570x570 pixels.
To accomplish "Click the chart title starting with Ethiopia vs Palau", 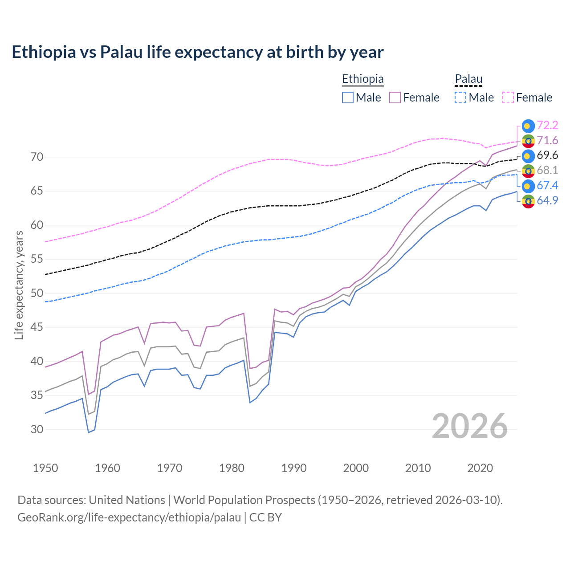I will coord(197,52).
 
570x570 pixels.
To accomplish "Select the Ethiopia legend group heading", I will coord(362,79).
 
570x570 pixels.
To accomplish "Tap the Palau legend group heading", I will coord(468,79).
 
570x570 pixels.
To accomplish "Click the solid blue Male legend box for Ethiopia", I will coord(348,98).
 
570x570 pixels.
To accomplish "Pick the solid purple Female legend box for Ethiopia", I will coord(395,98).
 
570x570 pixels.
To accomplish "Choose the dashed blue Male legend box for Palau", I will coord(460,98).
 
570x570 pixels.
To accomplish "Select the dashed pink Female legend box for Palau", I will coord(508,98).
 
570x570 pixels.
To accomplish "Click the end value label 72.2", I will coord(547,126).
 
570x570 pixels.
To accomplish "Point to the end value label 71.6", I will coord(547,141).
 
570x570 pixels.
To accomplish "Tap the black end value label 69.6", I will coord(547,155).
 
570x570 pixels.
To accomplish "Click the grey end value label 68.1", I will coord(547,171).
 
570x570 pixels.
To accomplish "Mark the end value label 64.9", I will coord(547,200).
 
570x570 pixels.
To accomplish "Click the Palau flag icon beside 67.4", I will coord(528,186).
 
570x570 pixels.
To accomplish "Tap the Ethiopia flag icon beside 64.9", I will coord(528,201).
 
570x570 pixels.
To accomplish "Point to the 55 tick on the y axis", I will coord(37,259).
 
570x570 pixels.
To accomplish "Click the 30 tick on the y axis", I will coord(37,429).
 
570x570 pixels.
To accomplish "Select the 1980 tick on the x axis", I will coord(232,468).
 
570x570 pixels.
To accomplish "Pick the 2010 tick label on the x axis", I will coord(418,468).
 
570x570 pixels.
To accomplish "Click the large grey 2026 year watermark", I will coord(469,426).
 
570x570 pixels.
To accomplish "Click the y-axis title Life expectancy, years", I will coord(19,285).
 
